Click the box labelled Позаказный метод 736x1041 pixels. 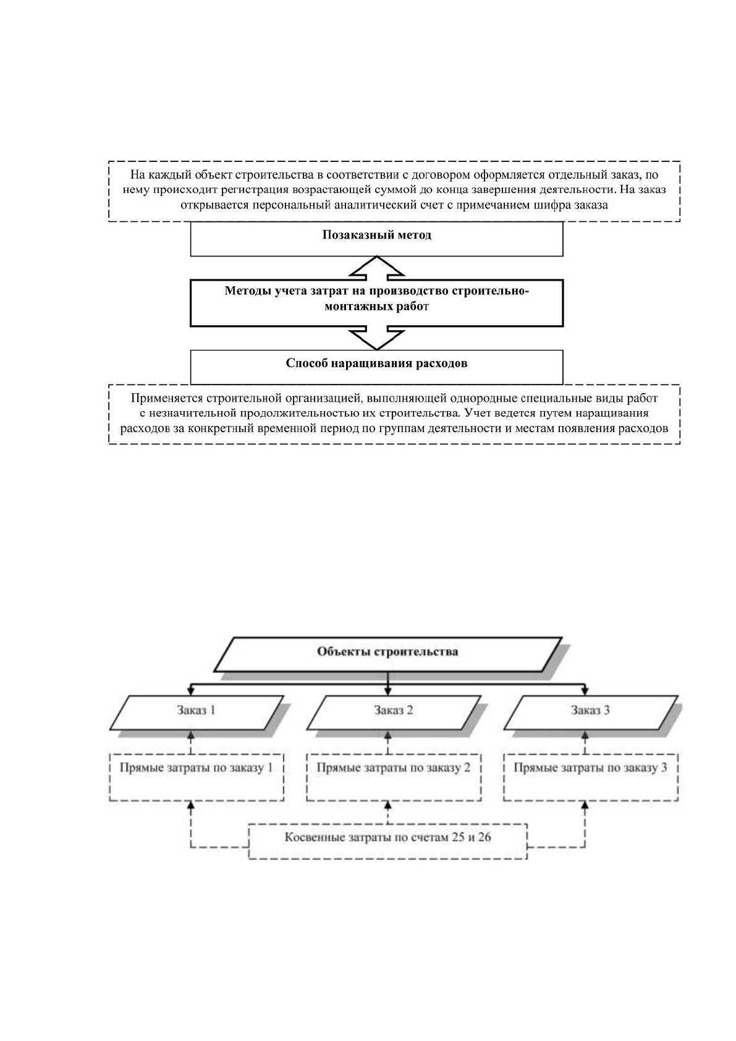click(x=376, y=239)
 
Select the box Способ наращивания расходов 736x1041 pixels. click(x=376, y=367)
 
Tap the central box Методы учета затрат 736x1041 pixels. click(x=376, y=303)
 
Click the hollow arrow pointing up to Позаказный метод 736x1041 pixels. click(x=377, y=268)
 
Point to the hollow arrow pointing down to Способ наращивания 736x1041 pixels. click(x=377, y=338)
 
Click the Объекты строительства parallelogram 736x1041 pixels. click(x=388, y=655)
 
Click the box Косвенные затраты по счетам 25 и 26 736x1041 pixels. click(x=388, y=841)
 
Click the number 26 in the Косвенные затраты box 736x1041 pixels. click(x=484, y=838)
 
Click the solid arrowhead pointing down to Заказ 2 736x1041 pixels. click(x=388, y=692)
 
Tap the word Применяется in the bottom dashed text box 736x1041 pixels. click(x=167, y=398)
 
